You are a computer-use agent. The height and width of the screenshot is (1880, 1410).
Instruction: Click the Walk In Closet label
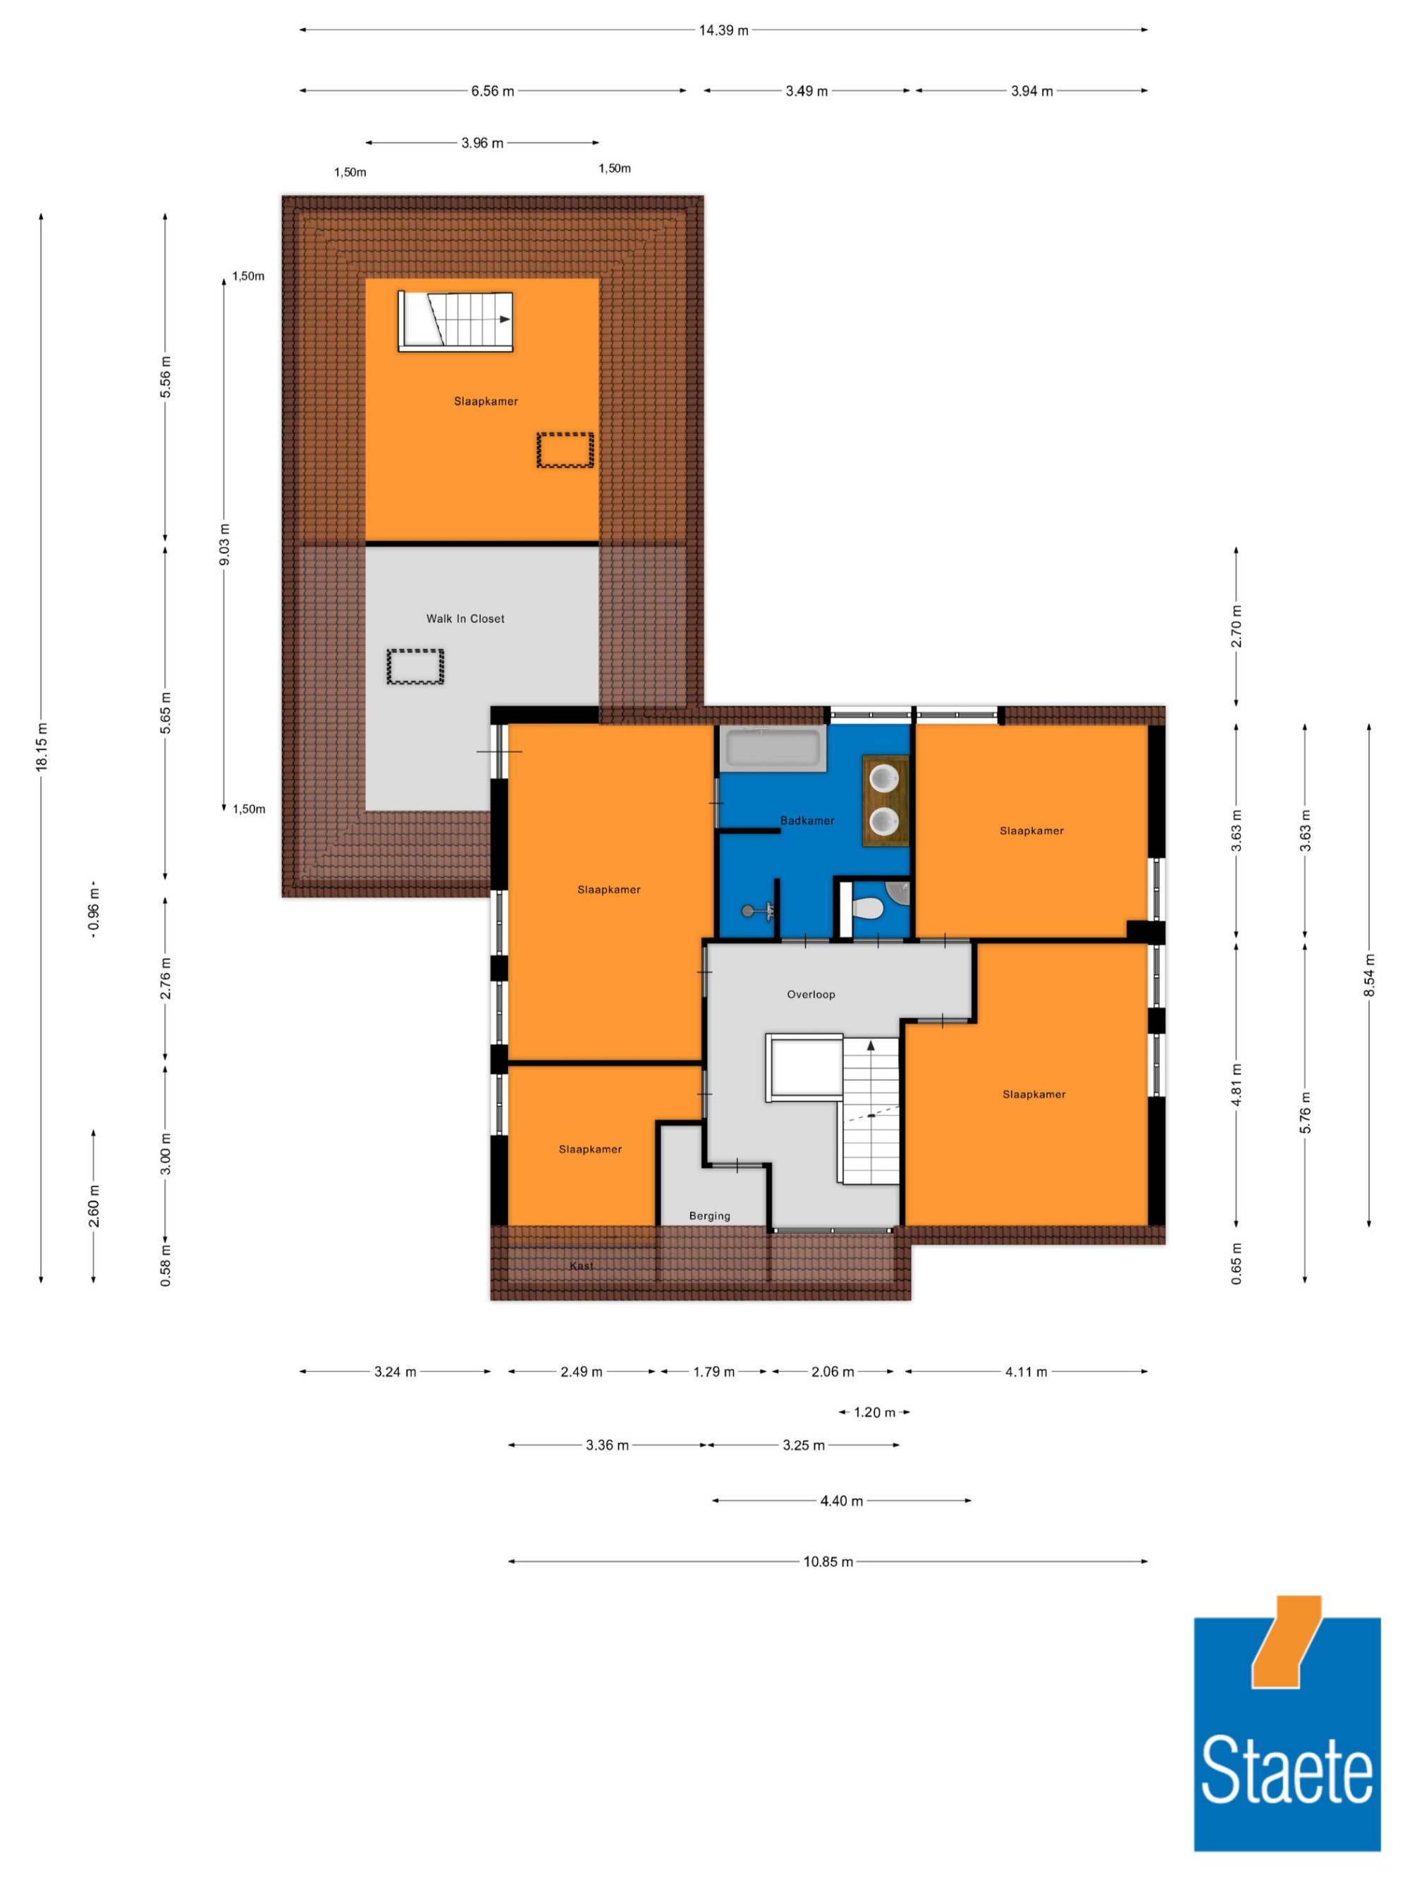point(465,619)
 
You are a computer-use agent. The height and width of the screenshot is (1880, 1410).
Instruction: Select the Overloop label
point(811,995)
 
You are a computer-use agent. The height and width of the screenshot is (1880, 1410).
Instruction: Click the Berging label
point(709,1216)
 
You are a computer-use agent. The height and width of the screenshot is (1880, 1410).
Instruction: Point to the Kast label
point(582,1265)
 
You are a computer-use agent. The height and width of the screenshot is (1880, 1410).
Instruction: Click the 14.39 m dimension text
point(723,30)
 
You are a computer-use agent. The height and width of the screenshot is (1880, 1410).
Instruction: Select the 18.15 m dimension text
point(42,747)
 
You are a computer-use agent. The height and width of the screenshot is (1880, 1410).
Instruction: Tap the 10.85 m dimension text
point(828,1561)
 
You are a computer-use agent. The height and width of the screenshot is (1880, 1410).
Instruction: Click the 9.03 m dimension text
point(224,545)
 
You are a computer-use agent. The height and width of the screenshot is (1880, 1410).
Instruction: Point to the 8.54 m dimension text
point(1368,975)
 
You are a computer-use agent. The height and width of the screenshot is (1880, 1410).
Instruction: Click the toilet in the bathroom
point(868,909)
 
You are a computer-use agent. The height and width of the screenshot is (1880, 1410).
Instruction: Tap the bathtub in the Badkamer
point(772,749)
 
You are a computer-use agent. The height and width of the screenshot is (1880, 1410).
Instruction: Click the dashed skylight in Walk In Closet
point(416,666)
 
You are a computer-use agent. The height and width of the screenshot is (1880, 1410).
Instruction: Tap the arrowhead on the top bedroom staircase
point(505,319)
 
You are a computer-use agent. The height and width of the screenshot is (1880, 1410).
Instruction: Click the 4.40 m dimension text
point(841,1501)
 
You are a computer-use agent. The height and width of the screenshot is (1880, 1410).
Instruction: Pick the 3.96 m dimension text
point(482,143)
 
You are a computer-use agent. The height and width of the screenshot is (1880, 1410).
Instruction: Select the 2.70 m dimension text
point(1237,627)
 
